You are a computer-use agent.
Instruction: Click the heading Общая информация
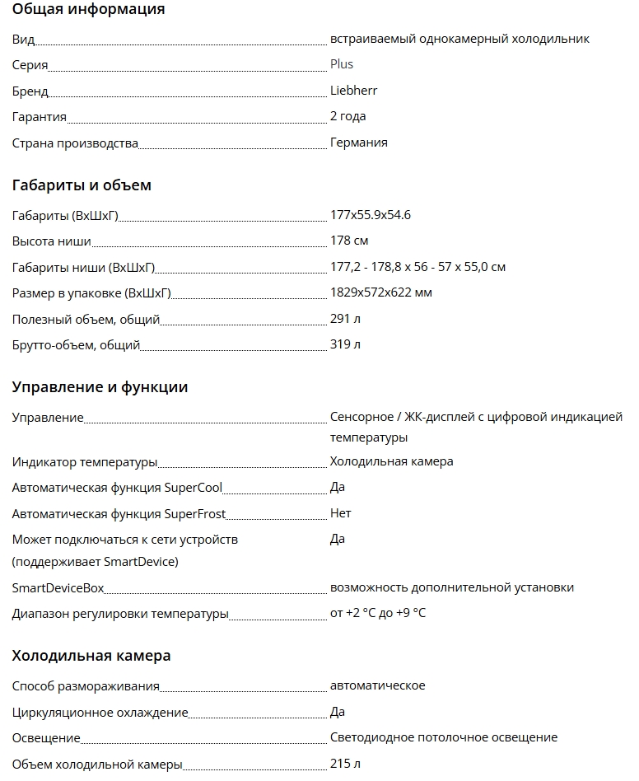pyautogui.click(x=88, y=10)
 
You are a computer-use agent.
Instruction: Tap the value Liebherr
pyautogui.click(x=353, y=91)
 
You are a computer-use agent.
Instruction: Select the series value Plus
pyautogui.click(x=342, y=64)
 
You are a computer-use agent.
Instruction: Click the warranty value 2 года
pyautogui.click(x=347, y=116)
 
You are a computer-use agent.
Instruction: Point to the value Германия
pyautogui.click(x=358, y=143)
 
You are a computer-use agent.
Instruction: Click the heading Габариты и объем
pyautogui.click(x=82, y=185)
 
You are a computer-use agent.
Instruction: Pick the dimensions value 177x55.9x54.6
pyautogui.click(x=370, y=215)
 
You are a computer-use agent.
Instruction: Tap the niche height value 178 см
pyautogui.click(x=349, y=241)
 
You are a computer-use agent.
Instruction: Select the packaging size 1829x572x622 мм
pyautogui.click(x=380, y=292)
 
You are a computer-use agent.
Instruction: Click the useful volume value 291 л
pyautogui.click(x=345, y=319)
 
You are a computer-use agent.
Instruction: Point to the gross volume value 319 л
pyautogui.click(x=345, y=344)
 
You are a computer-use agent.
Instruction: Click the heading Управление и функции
pyautogui.click(x=100, y=387)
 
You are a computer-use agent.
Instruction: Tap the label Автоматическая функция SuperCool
pyautogui.click(x=117, y=488)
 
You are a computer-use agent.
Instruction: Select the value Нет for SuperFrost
pyautogui.click(x=340, y=513)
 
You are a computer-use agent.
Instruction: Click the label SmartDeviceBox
pyautogui.click(x=58, y=588)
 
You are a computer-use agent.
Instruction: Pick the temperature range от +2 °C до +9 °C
pyautogui.click(x=378, y=613)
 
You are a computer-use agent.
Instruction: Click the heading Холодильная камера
pyautogui.click(x=91, y=657)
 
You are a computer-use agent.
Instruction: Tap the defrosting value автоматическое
pyautogui.click(x=377, y=685)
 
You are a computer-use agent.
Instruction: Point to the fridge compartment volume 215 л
pyautogui.click(x=345, y=764)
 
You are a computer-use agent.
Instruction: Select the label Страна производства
pyautogui.click(x=75, y=143)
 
